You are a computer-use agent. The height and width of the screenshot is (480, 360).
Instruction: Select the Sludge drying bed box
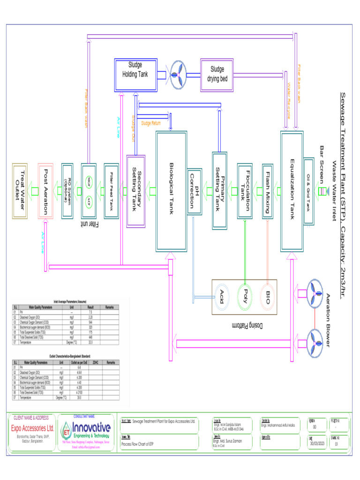pyautogui.click(x=217, y=75)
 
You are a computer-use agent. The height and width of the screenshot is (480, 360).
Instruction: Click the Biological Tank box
pyautogui.click(x=171, y=191)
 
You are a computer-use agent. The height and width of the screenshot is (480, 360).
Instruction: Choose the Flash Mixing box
pyautogui.click(x=267, y=191)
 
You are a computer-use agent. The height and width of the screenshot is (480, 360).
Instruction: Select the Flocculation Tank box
pyautogui.click(x=245, y=191)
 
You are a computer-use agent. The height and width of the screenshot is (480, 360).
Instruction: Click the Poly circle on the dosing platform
pyautogui.click(x=244, y=297)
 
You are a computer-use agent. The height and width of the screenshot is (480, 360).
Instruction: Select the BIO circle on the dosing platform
pyautogui.click(x=267, y=297)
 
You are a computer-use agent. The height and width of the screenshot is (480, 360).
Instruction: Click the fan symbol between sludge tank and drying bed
pyautogui.click(x=177, y=75)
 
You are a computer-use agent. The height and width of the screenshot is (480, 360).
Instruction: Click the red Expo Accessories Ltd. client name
pyautogui.click(x=32, y=428)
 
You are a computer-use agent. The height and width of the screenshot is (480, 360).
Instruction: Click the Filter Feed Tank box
pyautogui.click(x=112, y=191)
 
